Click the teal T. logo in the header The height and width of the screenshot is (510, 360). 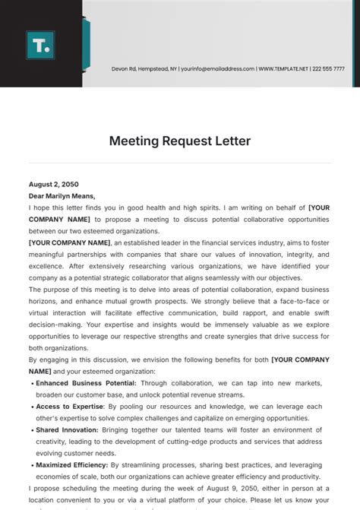point(39,45)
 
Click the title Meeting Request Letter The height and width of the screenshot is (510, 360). point(180,141)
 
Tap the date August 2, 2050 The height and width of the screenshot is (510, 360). point(53,184)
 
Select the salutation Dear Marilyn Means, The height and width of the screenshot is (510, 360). point(62,195)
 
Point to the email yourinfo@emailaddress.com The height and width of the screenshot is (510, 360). point(217,68)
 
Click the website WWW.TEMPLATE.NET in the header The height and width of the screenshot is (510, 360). point(283,68)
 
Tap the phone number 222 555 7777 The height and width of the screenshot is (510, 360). point(328,68)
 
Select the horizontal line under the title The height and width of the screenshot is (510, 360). point(180,163)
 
